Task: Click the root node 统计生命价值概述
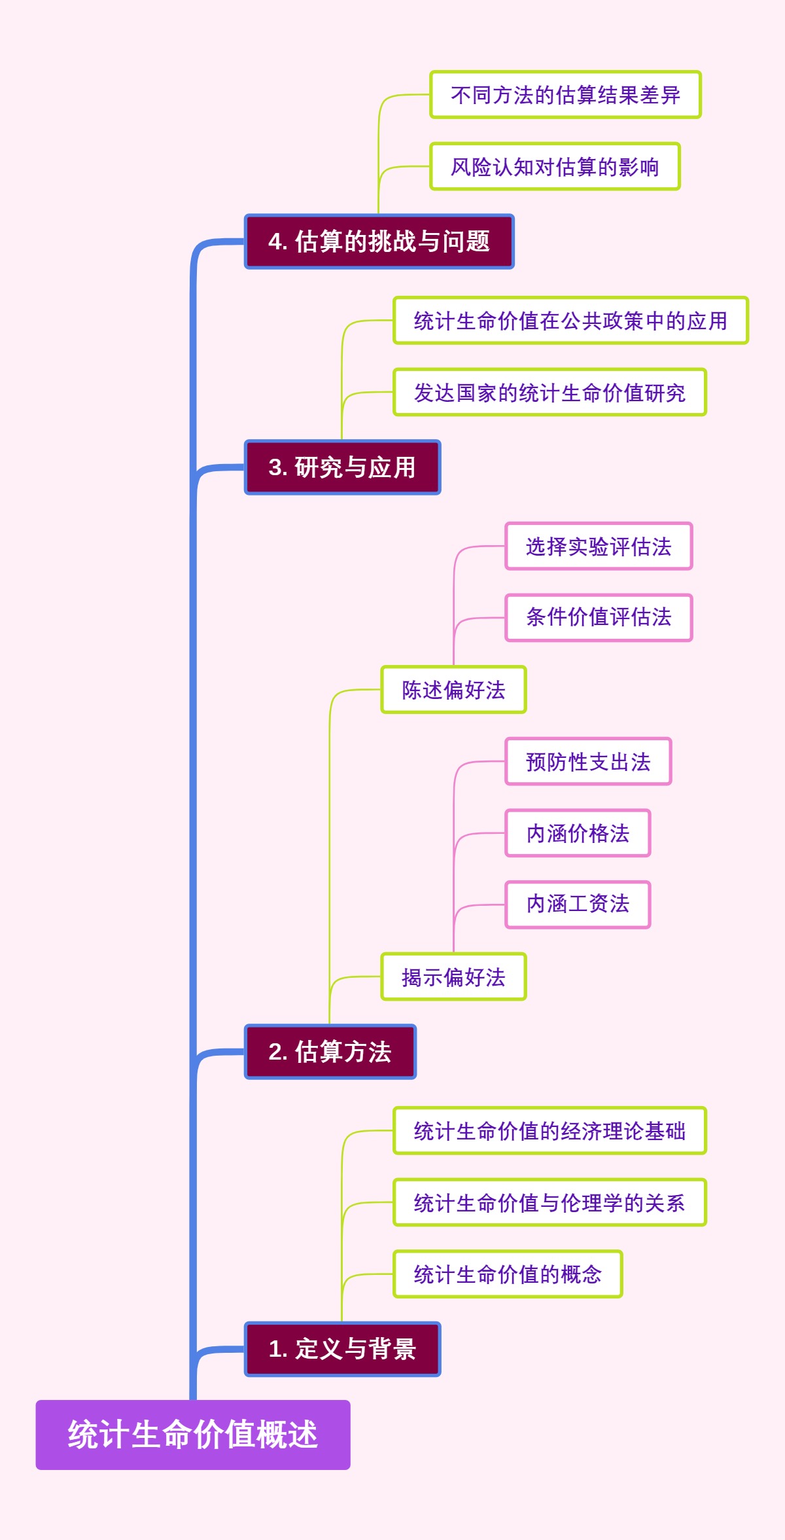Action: (193, 1435)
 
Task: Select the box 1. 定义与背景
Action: (342, 1349)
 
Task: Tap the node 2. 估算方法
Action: (330, 1052)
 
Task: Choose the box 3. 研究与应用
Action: (342, 467)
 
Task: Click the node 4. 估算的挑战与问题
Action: (379, 242)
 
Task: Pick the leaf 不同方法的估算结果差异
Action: (565, 95)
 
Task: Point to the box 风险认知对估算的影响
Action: (555, 167)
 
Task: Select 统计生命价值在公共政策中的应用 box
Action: (570, 321)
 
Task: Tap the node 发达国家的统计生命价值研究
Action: (549, 393)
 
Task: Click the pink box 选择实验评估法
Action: (599, 546)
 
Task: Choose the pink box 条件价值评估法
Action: (599, 617)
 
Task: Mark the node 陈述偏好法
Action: (453, 690)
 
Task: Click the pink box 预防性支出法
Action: (588, 762)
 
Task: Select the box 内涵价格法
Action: (578, 833)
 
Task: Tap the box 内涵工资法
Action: (578, 904)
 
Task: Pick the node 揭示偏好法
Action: (453, 977)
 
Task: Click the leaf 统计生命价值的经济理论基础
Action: (549, 1131)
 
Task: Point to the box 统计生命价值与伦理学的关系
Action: (549, 1202)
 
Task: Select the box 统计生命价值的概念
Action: (508, 1274)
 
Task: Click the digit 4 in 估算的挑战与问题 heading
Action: (275, 242)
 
